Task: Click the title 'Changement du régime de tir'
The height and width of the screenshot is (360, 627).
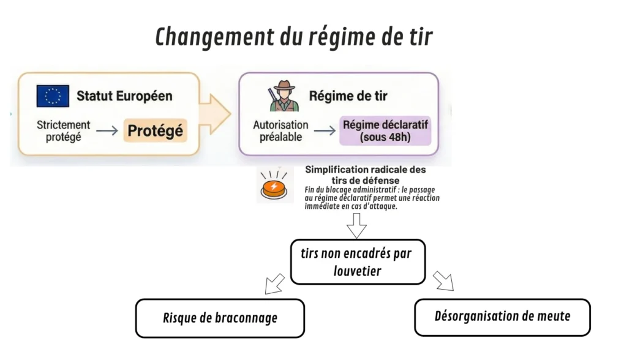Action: (x=294, y=37)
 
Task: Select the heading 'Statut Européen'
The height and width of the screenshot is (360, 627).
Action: (x=124, y=96)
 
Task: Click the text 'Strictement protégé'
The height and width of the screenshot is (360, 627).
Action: (x=63, y=131)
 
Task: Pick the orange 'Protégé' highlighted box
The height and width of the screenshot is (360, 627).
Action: (x=155, y=131)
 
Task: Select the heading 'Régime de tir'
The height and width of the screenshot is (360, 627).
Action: (x=348, y=96)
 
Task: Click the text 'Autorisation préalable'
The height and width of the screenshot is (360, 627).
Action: (x=280, y=131)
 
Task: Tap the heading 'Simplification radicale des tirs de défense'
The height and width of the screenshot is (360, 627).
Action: (x=365, y=174)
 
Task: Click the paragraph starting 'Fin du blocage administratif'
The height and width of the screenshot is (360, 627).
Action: (x=372, y=198)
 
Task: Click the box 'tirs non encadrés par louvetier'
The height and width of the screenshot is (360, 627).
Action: (x=358, y=261)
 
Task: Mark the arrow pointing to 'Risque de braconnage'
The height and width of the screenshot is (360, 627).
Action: (x=274, y=283)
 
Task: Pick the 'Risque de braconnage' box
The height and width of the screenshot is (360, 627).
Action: (x=220, y=318)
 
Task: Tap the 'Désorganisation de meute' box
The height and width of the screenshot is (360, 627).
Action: (x=502, y=317)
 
